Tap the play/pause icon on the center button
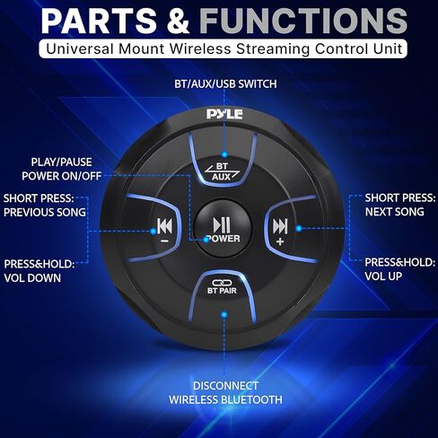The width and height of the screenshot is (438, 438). (x=222, y=225)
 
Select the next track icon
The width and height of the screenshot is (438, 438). (x=280, y=226)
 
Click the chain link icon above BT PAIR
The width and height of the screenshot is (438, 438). (x=222, y=283)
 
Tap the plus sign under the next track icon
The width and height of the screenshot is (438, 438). (x=280, y=241)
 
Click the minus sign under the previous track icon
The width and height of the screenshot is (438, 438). (x=164, y=241)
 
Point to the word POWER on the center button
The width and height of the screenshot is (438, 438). (x=223, y=239)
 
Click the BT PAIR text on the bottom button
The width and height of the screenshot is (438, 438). (x=222, y=291)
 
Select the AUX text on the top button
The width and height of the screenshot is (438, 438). (x=222, y=177)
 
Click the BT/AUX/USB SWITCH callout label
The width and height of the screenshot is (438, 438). (x=225, y=84)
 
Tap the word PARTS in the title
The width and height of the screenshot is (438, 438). (x=99, y=21)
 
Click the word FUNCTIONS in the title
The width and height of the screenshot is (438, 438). (x=303, y=21)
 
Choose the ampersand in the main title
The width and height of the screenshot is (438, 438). (x=178, y=21)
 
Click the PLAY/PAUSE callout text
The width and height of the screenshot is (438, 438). (x=61, y=162)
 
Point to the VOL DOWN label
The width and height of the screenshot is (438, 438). (x=32, y=278)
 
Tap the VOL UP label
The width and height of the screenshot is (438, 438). (x=383, y=276)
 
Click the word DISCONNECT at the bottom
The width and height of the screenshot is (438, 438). (x=225, y=386)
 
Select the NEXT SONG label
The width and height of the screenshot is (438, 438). (x=395, y=212)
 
